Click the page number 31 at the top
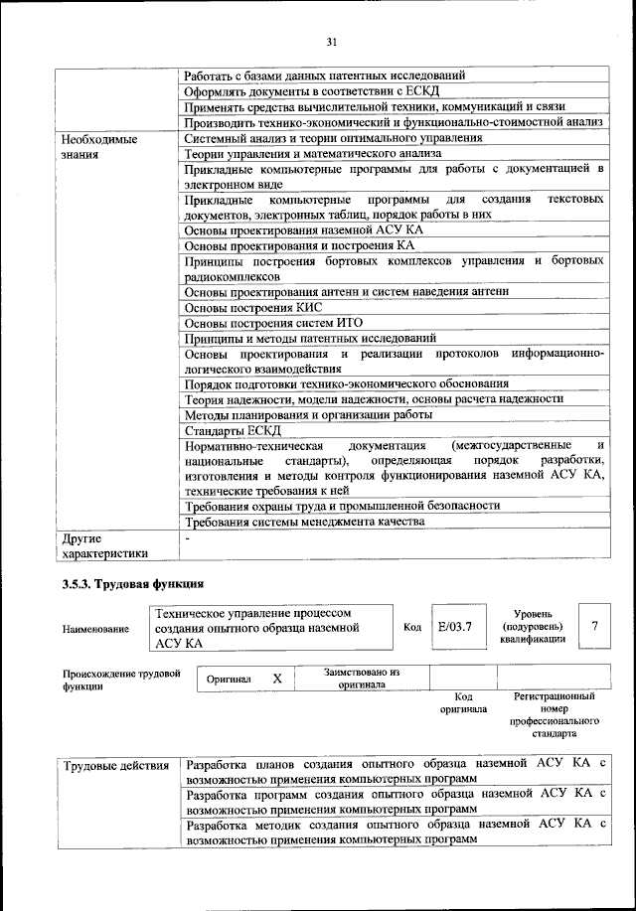pyautogui.click(x=332, y=41)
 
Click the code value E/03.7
pyautogui.click(x=454, y=627)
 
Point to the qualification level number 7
pyautogui.click(x=594, y=627)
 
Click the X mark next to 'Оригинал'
pyautogui.click(x=277, y=679)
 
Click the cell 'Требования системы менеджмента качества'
pyautogui.click(x=305, y=521)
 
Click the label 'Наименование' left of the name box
pyautogui.click(x=95, y=629)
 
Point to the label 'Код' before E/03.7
pyautogui.click(x=412, y=628)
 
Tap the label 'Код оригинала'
pyautogui.click(x=462, y=703)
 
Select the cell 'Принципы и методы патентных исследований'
pyautogui.click(x=310, y=338)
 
